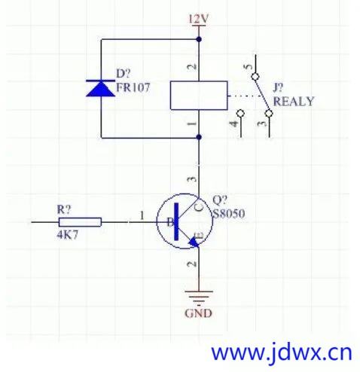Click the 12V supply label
point(199,19)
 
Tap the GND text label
point(198,313)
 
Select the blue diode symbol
point(100,88)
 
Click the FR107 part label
point(133,87)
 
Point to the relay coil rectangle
point(199,96)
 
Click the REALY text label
point(294,102)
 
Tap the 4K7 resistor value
point(68,235)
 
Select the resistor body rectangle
point(80,222)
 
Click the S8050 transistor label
point(228,214)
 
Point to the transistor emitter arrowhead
point(194,242)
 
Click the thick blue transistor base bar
point(177,221)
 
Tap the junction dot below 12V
point(199,39)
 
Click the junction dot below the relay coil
point(199,137)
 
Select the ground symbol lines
point(199,298)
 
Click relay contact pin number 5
point(249,67)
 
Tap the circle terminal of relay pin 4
point(241,113)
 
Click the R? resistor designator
point(64,209)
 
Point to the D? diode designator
point(124,74)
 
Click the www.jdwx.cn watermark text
point(282,352)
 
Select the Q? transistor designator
point(220,200)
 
